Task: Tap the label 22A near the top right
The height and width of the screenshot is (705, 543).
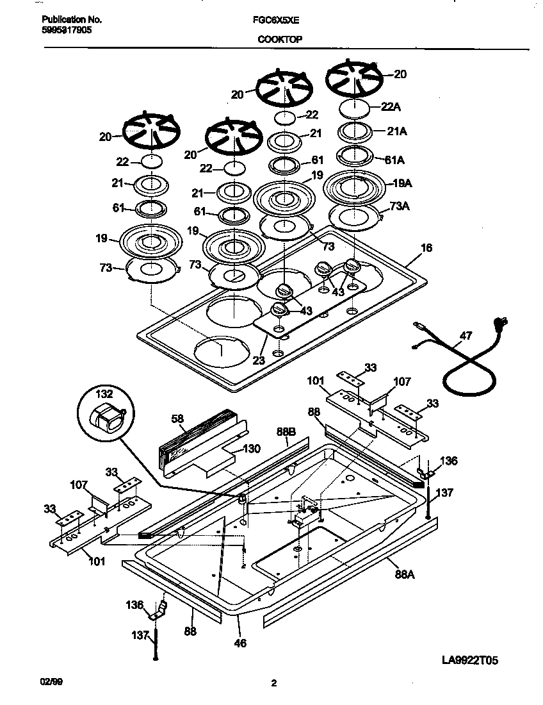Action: pos(391,107)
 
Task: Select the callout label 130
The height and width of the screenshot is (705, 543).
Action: pos(252,449)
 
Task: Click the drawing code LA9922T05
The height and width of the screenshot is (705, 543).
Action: pos(469,661)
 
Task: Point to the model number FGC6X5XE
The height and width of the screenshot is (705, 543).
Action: pos(276,20)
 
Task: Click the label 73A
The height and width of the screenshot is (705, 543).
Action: pos(399,206)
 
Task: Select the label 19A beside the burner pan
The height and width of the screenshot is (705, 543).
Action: pos(401,183)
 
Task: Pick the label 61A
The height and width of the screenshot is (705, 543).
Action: pos(397,159)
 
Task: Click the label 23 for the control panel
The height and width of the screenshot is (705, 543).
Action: pos(258,360)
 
